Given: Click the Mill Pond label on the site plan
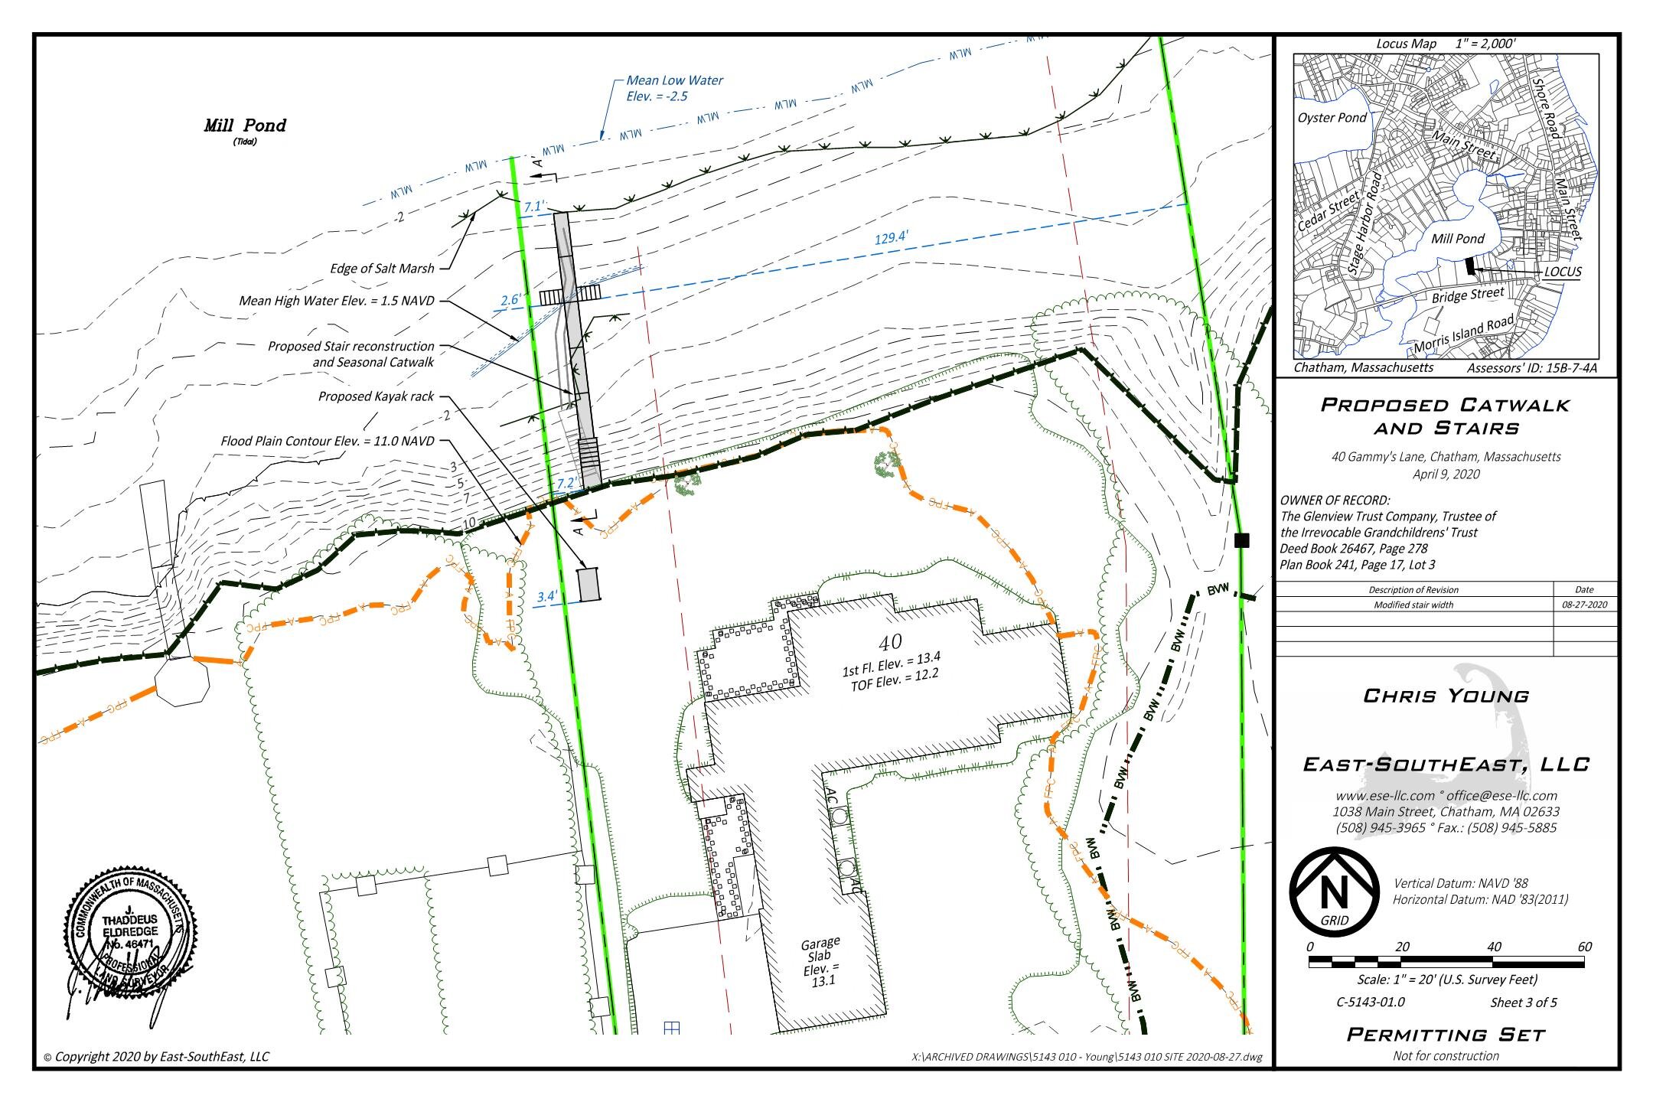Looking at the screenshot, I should (x=245, y=126).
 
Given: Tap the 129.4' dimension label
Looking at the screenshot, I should (x=892, y=238).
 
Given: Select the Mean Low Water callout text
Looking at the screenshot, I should (x=673, y=88).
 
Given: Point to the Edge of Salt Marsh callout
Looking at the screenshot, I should (x=382, y=269).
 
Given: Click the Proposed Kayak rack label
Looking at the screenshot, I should (x=376, y=396).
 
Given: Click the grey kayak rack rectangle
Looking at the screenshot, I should (x=588, y=585).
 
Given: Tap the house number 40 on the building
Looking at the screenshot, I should (x=890, y=641).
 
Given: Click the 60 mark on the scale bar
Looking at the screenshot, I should (x=1584, y=947).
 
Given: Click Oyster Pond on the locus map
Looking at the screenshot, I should (x=1332, y=118).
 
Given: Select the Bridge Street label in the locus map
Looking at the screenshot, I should (x=1468, y=295).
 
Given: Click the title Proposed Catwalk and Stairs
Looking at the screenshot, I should (x=1446, y=416).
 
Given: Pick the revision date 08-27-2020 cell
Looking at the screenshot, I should (x=1585, y=605).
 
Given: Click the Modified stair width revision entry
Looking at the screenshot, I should (x=1413, y=605).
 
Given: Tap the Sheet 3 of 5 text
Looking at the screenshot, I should (x=1523, y=1003).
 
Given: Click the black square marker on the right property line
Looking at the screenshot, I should (x=1242, y=540).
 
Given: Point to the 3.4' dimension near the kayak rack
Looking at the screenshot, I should (x=547, y=596).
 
